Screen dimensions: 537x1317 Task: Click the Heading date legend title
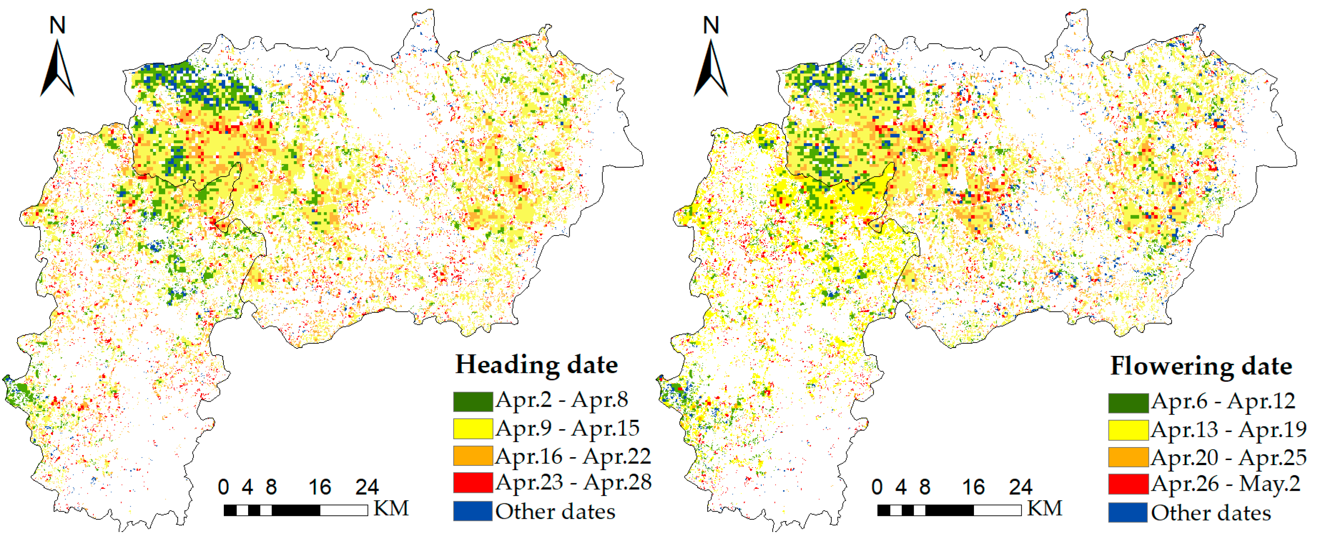[x=536, y=365]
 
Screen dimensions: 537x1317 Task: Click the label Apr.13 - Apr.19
[x=1229, y=430]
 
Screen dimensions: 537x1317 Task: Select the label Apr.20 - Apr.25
[x=1229, y=457]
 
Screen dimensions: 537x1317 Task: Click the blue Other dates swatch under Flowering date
[x=1128, y=512]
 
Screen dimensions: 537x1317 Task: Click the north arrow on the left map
[x=58, y=69]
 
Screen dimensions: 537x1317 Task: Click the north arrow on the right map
[x=711, y=69]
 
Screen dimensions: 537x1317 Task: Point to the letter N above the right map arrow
[x=711, y=25]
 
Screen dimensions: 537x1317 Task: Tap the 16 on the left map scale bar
[x=319, y=488]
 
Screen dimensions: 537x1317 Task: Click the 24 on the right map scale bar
[x=1021, y=488]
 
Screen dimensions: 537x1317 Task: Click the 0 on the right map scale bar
[x=877, y=488]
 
